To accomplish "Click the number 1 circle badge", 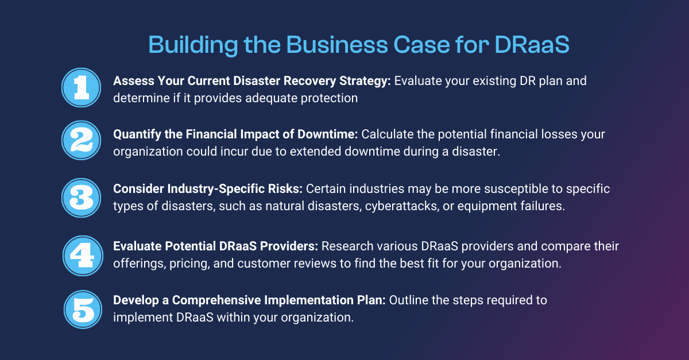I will coord(81,88).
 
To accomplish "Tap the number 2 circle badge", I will coord(81,142).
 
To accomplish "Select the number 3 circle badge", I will coord(81,197).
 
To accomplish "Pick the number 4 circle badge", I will coord(81,253).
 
